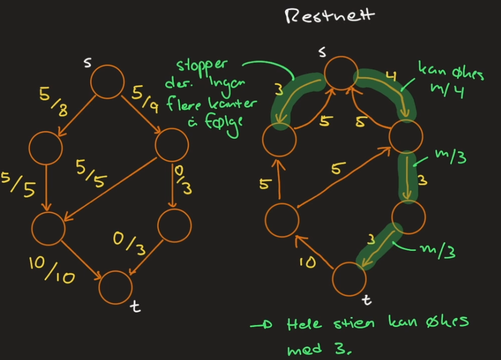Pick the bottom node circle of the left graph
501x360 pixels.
(x=116, y=287)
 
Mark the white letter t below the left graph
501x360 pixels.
(x=136, y=305)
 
